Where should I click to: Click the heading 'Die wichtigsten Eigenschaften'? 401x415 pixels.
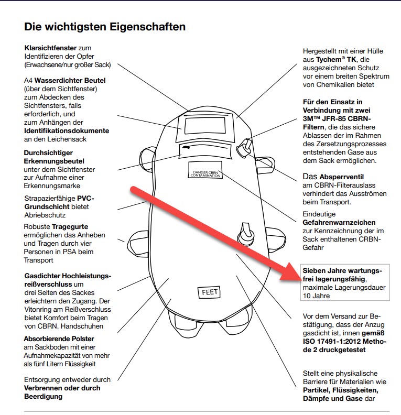click(x=105, y=26)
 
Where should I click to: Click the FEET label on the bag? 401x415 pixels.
click(x=209, y=292)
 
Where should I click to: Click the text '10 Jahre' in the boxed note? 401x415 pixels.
click(x=316, y=296)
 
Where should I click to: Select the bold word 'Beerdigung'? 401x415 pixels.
click(x=44, y=396)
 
